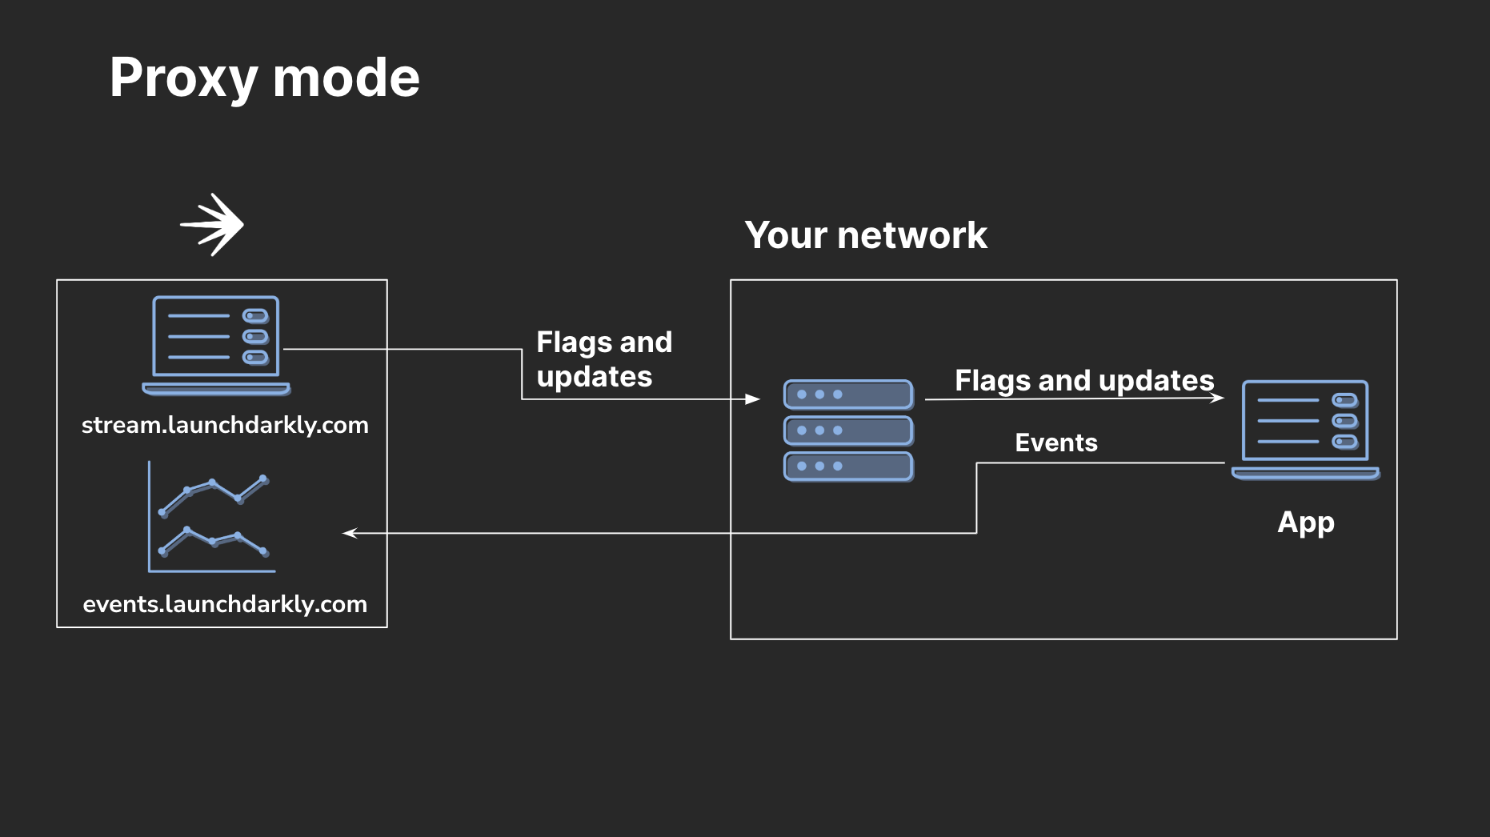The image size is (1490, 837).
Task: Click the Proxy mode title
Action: pyautogui.click(x=264, y=78)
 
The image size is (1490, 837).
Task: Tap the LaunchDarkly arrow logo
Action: pyautogui.click(x=213, y=225)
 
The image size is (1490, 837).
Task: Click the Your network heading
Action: pyautogui.click(x=865, y=235)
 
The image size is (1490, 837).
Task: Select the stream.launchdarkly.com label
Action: pyautogui.click(x=225, y=425)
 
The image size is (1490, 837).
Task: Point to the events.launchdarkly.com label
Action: pyautogui.click(x=225, y=604)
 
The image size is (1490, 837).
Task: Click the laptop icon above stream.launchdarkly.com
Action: pyautogui.click(x=216, y=345)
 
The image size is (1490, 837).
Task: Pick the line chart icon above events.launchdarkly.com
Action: pyautogui.click(x=212, y=517)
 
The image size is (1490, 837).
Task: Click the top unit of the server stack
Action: pyautogui.click(x=848, y=394)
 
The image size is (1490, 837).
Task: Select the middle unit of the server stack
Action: pyautogui.click(x=848, y=431)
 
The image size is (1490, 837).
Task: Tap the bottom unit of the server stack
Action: pyautogui.click(x=848, y=467)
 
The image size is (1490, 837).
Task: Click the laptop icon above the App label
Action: pyautogui.click(x=1305, y=429)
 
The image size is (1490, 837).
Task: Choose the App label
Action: pyautogui.click(x=1305, y=523)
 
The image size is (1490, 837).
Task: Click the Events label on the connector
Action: pyautogui.click(x=1055, y=443)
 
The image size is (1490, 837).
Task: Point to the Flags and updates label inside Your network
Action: pyautogui.click(x=1083, y=381)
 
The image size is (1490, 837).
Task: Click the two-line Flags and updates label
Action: pyautogui.click(x=603, y=359)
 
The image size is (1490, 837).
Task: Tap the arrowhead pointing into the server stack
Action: pyautogui.click(x=752, y=398)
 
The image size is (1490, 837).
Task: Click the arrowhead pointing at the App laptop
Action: pyautogui.click(x=1217, y=398)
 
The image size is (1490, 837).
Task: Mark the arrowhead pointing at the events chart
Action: pyautogui.click(x=350, y=533)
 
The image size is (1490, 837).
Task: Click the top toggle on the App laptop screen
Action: pyautogui.click(x=1344, y=400)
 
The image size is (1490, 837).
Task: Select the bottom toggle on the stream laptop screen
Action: pyautogui.click(x=255, y=358)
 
